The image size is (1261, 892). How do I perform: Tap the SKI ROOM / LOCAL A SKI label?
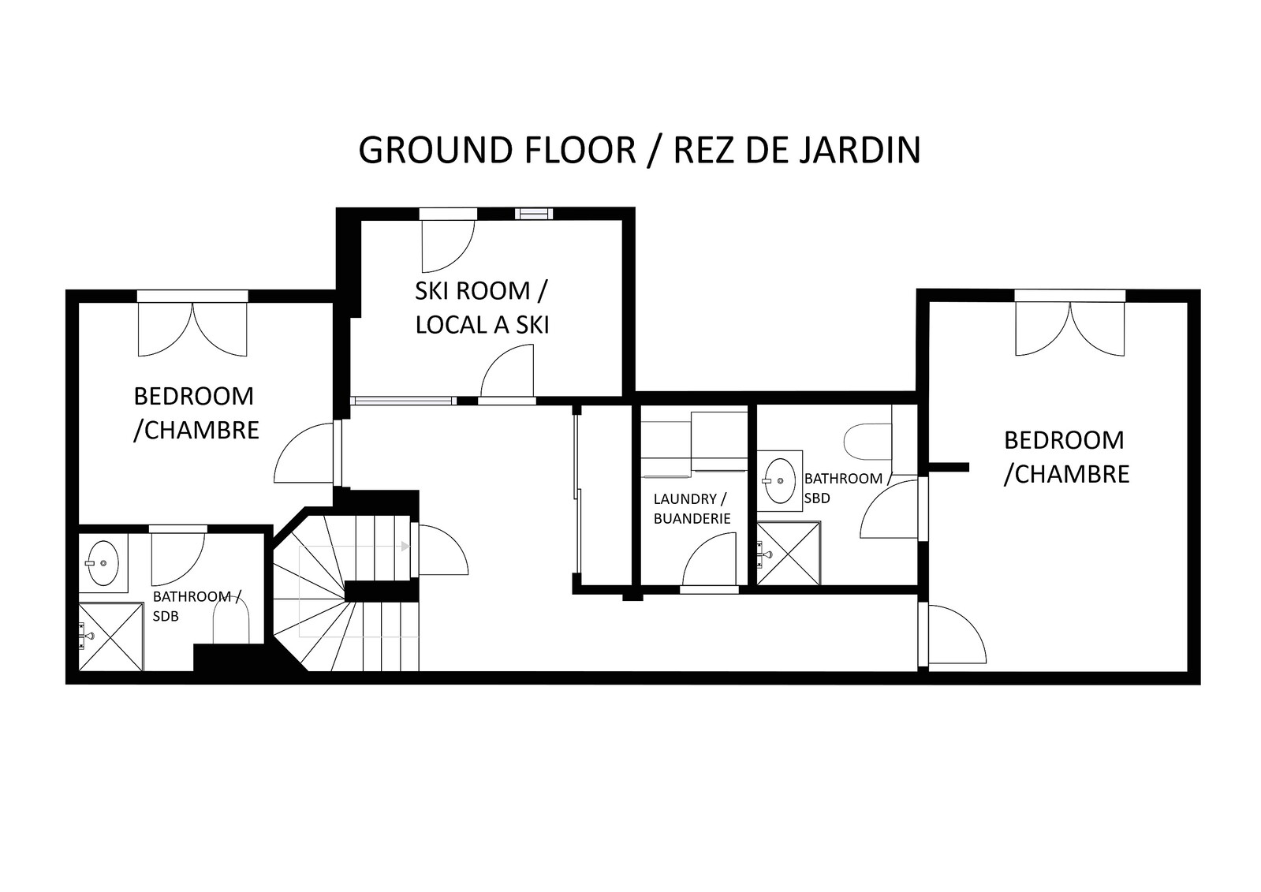point(481,308)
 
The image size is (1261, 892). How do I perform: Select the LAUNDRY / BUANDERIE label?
point(692,509)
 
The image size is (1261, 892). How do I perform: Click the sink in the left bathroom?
point(103,562)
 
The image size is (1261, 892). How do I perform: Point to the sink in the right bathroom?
point(780,480)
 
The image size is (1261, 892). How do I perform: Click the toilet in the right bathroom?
point(867,442)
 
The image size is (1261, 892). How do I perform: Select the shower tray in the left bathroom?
point(111,637)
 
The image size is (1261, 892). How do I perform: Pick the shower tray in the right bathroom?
point(788,554)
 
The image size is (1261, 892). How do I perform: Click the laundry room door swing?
point(709,560)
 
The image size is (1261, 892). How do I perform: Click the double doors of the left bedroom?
point(192,330)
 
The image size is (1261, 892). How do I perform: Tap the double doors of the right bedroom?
point(1069,329)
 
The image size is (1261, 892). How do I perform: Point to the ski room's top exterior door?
point(449,246)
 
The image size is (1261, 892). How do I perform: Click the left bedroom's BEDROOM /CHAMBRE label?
point(196,413)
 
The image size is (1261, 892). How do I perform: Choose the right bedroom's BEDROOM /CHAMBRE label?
point(1066,457)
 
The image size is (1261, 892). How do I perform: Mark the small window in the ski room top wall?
point(534,214)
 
